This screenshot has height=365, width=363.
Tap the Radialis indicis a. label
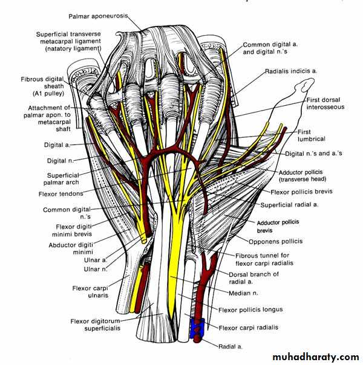click(x=292, y=71)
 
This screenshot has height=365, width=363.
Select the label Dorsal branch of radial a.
click(x=253, y=277)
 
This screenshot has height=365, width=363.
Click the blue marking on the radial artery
click(x=197, y=328)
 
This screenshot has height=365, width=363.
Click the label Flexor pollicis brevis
click(x=301, y=192)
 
